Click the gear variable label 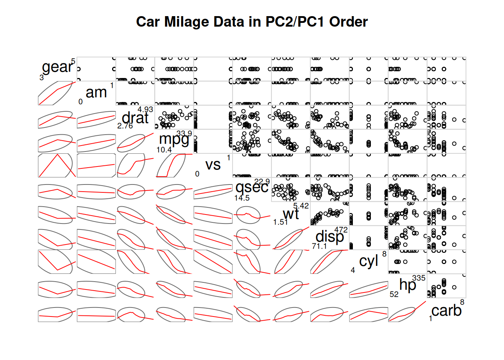point(57,67)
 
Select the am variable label point(96,92)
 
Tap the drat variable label point(135,118)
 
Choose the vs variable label point(213,165)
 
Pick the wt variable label point(291,214)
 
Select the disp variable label point(330,237)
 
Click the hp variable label point(408,285)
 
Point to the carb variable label point(446,311)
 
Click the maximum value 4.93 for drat point(145,109)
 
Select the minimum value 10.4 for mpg point(164,150)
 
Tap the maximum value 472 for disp point(341,230)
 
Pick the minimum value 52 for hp point(394,294)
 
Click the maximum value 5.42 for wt point(301,206)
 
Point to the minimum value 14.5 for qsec point(242,198)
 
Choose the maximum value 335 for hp point(418,278)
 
